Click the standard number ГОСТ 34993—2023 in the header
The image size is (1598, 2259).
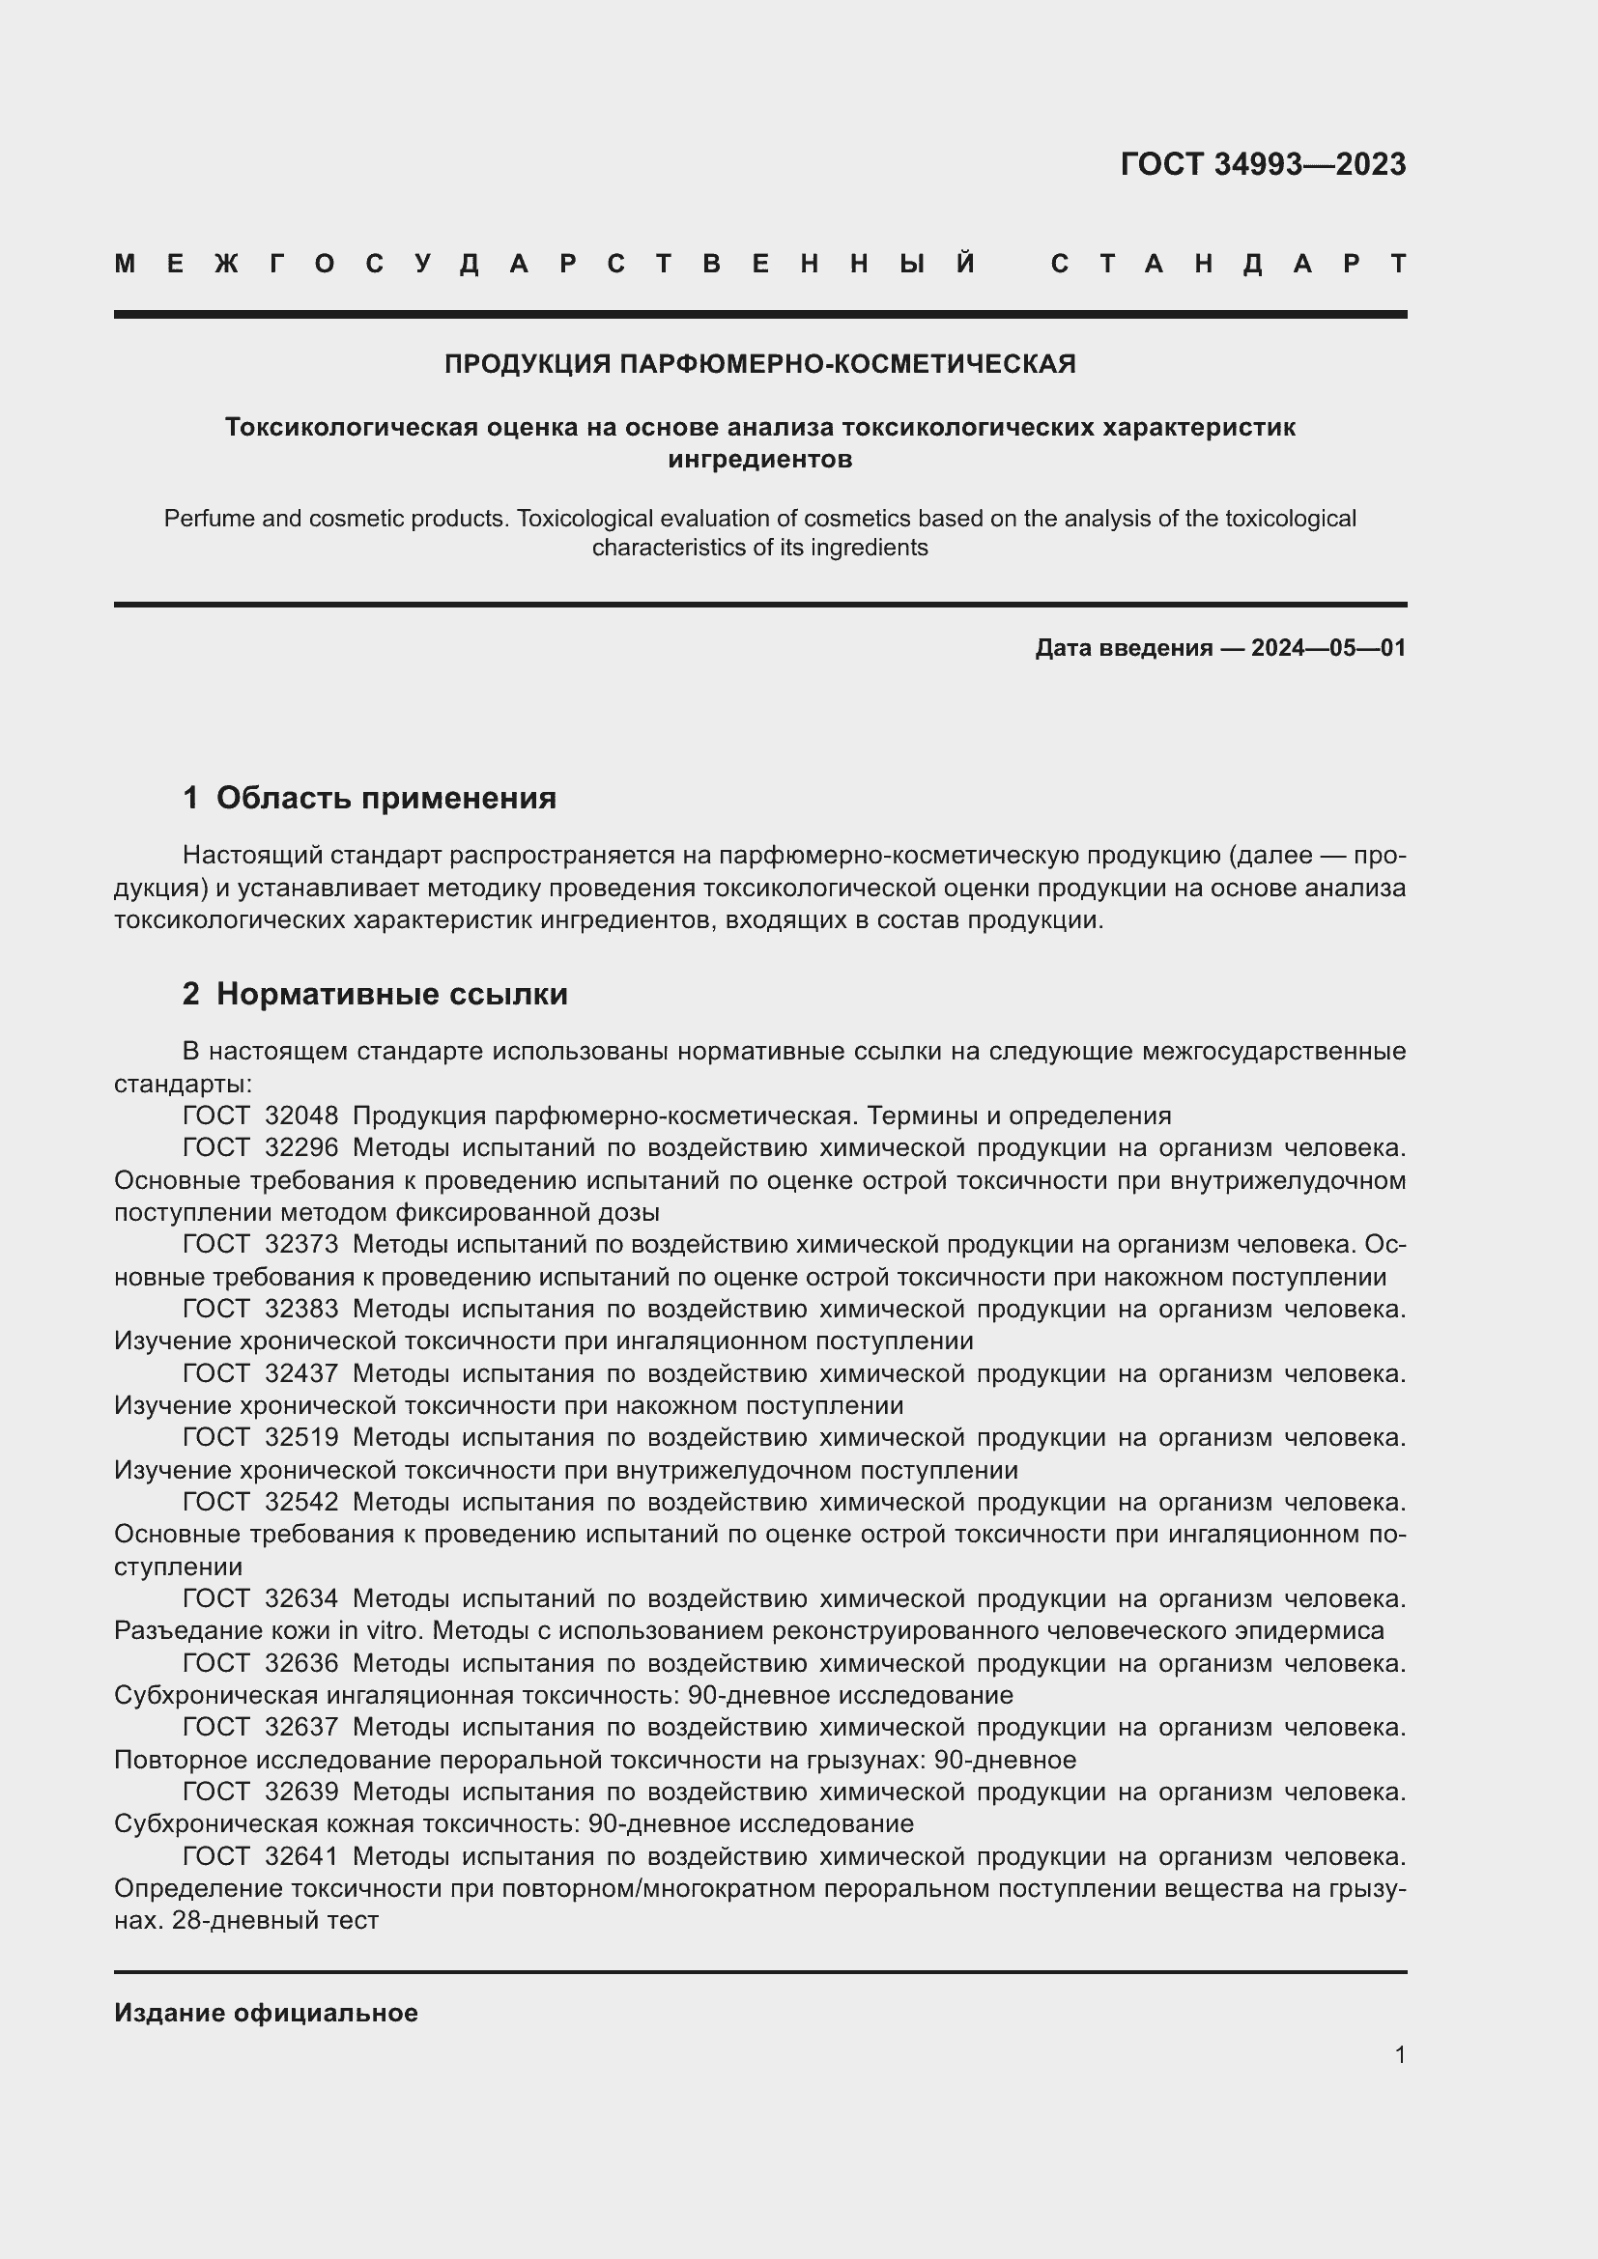point(1263,164)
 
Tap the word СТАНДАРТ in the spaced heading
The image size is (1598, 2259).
point(1228,264)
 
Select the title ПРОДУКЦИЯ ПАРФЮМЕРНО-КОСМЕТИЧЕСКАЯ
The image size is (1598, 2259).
point(759,364)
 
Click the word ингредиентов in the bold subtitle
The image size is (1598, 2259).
point(759,459)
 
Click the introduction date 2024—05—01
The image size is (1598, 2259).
point(1328,647)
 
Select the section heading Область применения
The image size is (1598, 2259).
point(385,797)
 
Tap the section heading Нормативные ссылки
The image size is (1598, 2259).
point(391,994)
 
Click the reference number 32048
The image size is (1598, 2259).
point(301,1115)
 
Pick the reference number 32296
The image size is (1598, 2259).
point(301,1147)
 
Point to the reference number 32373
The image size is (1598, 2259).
point(301,1245)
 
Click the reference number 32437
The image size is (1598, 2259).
point(301,1373)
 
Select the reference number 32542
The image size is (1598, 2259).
point(301,1502)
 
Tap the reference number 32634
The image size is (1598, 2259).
point(301,1597)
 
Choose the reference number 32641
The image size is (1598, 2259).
point(301,1855)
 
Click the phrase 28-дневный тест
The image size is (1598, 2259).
point(274,1920)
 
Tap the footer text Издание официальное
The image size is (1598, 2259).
point(266,2012)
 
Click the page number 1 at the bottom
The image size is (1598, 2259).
point(1399,2054)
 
